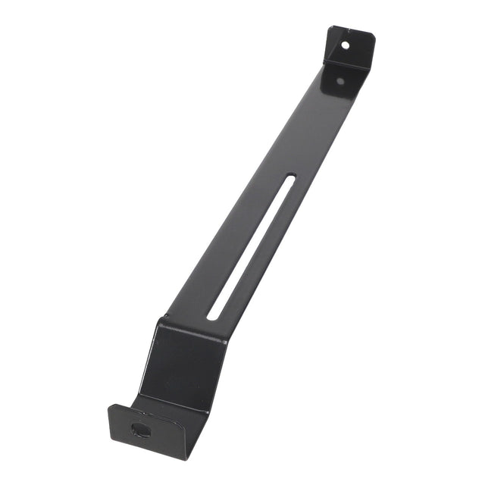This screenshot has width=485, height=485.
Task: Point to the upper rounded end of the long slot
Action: point(293,179)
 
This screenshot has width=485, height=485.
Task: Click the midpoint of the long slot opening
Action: point(253,246)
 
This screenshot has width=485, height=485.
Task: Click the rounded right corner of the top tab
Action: point(371,38)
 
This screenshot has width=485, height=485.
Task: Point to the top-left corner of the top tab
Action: point(330,29)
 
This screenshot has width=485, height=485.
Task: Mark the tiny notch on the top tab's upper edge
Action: point(351,31)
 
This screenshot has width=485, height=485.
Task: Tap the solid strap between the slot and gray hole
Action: point(318,129)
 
